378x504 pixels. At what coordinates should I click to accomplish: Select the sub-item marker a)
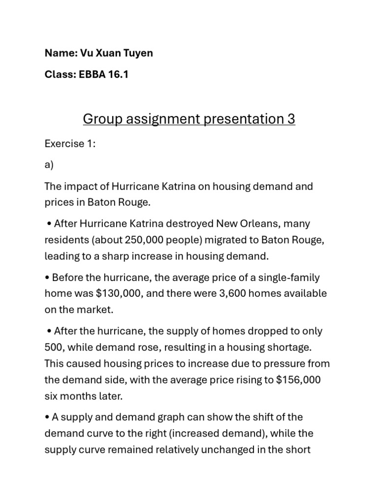point(49,165)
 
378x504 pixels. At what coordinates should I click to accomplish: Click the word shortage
point(291,347)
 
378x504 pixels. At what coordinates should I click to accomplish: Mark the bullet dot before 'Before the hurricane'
point(47,278)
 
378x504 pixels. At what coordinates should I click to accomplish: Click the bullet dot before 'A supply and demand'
point(47,417)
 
